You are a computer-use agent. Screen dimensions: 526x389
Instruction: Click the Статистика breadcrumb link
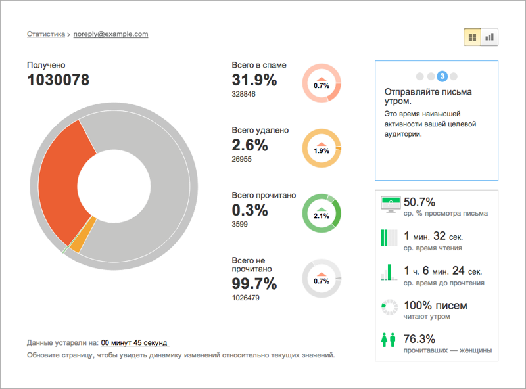click(46, 34)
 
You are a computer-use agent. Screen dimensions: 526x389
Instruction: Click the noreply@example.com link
click(110, 34)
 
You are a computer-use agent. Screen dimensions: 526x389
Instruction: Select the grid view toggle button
click(472, 37)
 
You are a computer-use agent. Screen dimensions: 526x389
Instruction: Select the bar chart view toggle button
click(489, 37)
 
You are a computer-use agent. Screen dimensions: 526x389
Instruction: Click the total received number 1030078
click(59, 80)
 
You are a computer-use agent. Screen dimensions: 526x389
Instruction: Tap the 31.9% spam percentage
click(254, 80)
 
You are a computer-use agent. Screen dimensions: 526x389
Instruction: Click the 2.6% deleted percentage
click(250, 145)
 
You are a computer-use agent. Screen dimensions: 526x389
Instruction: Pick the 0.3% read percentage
click(250, 210)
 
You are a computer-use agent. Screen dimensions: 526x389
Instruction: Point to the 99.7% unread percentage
click(254, 283)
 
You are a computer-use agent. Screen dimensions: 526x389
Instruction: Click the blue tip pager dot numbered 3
click(442, 76)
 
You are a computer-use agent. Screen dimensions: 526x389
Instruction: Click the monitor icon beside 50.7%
click(391, 204)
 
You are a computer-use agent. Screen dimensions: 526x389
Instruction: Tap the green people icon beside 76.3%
click(389, 340)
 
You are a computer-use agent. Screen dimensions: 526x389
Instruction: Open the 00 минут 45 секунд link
click(135, 343)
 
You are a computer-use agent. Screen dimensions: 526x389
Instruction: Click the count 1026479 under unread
click(245, 298)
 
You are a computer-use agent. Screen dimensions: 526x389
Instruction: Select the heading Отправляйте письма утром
click(428, 96)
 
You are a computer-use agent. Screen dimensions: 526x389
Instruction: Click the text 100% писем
click(435, 306)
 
